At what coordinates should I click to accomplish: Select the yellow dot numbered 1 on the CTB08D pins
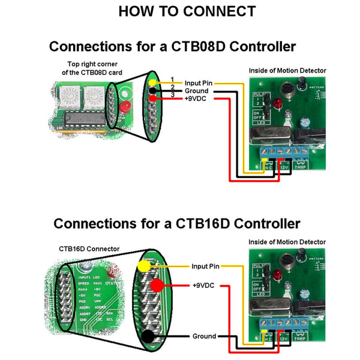pos(154,82)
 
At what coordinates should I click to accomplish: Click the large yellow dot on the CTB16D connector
pos(144,266)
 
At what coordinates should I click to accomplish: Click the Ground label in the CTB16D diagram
pos(204,337)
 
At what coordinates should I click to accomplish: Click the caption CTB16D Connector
pos(89,248)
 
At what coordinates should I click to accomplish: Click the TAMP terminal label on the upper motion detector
pos(302,167)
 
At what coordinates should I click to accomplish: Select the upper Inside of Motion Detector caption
pos(287,70)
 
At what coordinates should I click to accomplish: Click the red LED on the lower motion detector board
pos(278,275)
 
